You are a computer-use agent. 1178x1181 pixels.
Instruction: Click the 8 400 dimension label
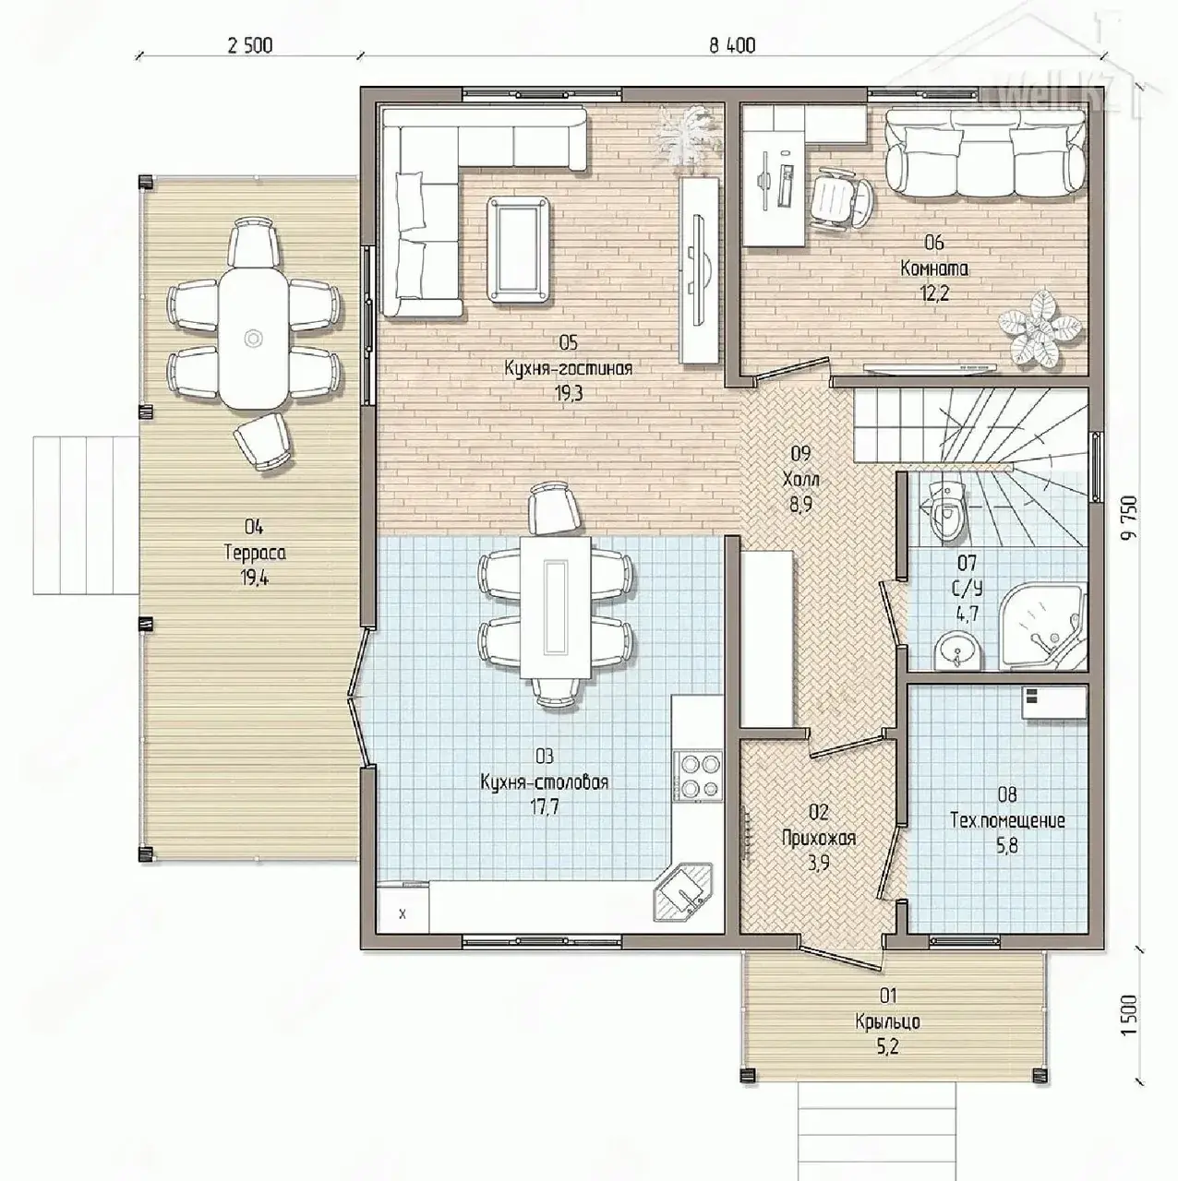[x=732, y=45]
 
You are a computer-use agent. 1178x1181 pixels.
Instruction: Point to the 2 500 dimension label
[x=249, y=45]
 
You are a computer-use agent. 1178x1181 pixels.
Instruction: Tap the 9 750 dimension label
[x=1129, y=517]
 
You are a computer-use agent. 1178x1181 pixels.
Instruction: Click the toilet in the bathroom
[x=947, y=510]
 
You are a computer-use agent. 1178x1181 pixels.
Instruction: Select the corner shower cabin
[x=1042, y=626]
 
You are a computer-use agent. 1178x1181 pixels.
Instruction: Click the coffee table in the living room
[x=519, y=249]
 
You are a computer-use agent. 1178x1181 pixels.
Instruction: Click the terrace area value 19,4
[x=256, y=578]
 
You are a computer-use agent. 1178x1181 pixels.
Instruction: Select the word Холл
[x=800, y=479]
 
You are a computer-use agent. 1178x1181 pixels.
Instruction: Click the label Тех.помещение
[x=1007, y=820]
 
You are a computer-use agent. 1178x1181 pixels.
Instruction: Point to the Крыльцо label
[x=888, y=1022]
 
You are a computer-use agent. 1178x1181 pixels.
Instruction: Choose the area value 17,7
[x=545, y=806]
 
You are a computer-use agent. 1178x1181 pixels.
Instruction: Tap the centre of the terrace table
[x=252, y=338]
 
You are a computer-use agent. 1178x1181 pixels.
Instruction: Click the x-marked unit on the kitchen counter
[x=403, y=915]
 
